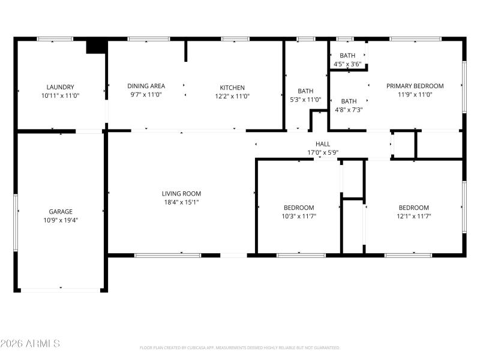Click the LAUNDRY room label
click(61, 87)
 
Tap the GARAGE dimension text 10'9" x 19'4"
click(61, 220)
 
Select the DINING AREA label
click(146, 86)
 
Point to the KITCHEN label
click(232, 87)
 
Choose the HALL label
click(323, 144)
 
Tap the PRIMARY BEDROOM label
click(415, 86)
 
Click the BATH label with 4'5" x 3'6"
click(348, 55)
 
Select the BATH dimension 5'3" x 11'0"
click(306, 100)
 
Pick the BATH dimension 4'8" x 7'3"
click(349, 110)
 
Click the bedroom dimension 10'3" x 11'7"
click(299, 216)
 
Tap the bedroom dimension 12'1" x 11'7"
click(414, 216)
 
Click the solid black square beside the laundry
click(96, 46)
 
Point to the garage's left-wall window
click(16, 212)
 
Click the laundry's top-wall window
click(55, 40)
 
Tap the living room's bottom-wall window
click(167, 255)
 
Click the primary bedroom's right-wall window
click(464, 86)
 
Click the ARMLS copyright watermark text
click(30, 344)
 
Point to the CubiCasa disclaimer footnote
click(240, 347)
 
